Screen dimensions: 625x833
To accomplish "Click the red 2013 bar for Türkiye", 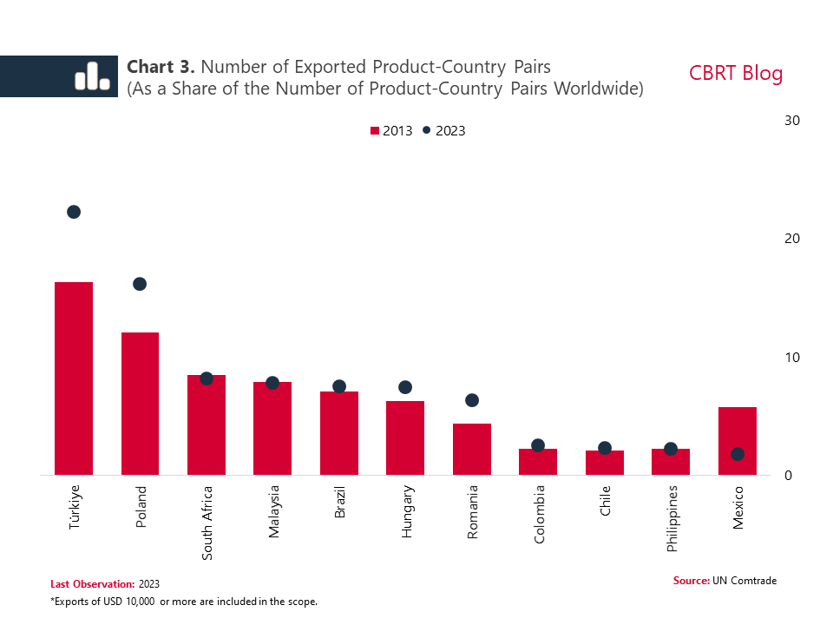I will pos(74,378).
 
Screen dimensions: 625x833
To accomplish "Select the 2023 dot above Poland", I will pos(140,284).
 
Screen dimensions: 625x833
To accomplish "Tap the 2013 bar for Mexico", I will pos(738,441).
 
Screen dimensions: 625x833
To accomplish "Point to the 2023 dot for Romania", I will pos(472,400).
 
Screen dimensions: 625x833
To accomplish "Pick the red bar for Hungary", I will pos(405,437).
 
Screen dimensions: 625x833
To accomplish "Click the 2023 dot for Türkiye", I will pos(74,212).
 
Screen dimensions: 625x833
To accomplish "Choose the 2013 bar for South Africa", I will pos(207,425).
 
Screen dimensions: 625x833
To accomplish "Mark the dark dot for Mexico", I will pos(738,454).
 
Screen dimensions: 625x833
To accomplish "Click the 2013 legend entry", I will pos(391,130).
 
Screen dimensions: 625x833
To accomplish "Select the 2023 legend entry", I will pos(444,130).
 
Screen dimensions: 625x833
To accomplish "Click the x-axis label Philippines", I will pos(672,518).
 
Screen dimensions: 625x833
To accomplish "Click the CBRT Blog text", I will pos(736,74).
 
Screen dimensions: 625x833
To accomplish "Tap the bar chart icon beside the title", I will pos(91,76).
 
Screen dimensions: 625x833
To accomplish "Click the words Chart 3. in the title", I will pos(161,67).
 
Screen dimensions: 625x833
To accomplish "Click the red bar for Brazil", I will pos(339,433).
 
